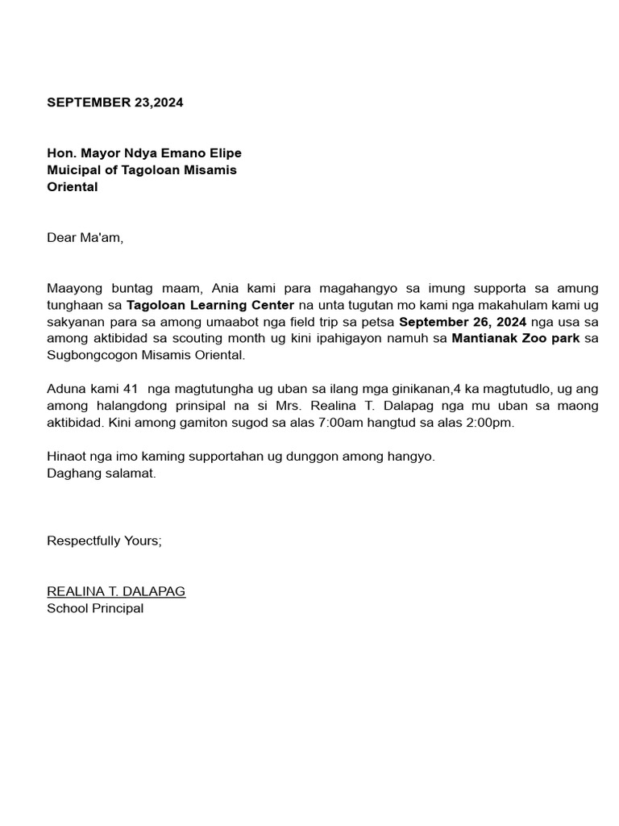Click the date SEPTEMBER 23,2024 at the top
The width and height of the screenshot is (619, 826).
click(114, 102)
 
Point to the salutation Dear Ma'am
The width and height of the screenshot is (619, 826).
click(85, 238)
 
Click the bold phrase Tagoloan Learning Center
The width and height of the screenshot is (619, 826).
click(210, 305)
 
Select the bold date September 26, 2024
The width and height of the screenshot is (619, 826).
click(463, 322)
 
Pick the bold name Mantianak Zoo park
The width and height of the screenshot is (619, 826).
click(516, 338)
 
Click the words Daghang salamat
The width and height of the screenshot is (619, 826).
click(101, 473)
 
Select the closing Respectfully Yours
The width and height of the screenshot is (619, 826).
click(104, 540)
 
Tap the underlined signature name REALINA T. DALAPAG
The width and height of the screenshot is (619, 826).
click(116, 591)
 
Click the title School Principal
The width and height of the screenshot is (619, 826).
click(95, 608)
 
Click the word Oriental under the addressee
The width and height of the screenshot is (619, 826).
click(72, 187)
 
